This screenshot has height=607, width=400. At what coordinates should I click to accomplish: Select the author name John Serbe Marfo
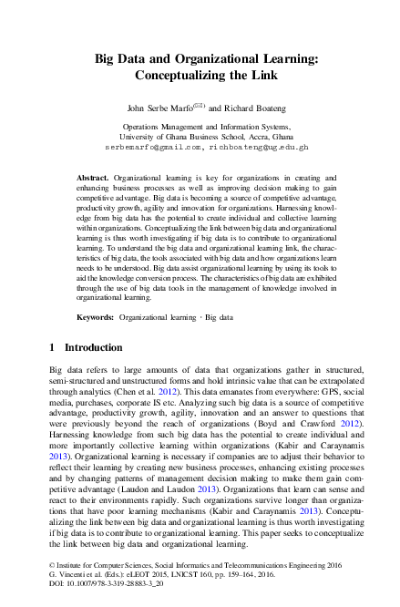153,108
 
